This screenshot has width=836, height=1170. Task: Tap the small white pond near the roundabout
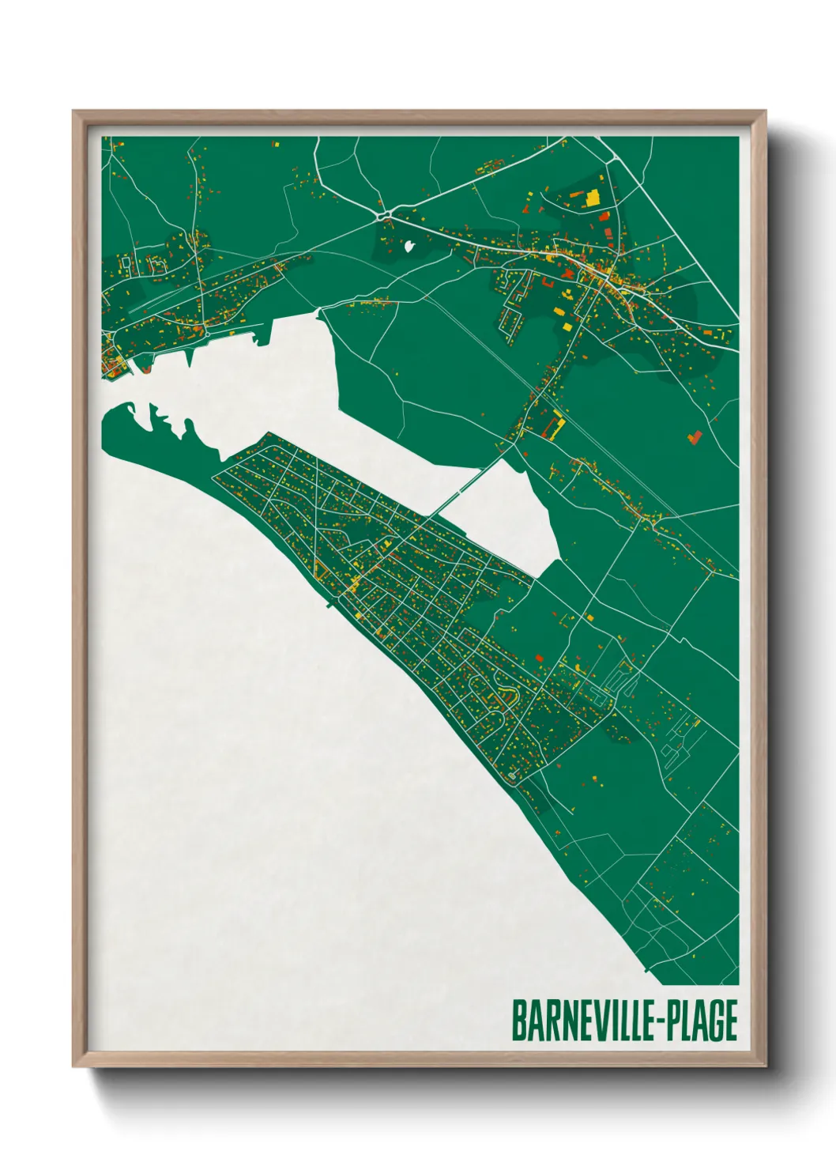[409, 246]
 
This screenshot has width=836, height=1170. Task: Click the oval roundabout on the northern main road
[385, 213]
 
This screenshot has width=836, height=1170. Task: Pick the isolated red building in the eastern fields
[695, 436]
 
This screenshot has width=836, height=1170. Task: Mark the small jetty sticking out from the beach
[329, 605]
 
